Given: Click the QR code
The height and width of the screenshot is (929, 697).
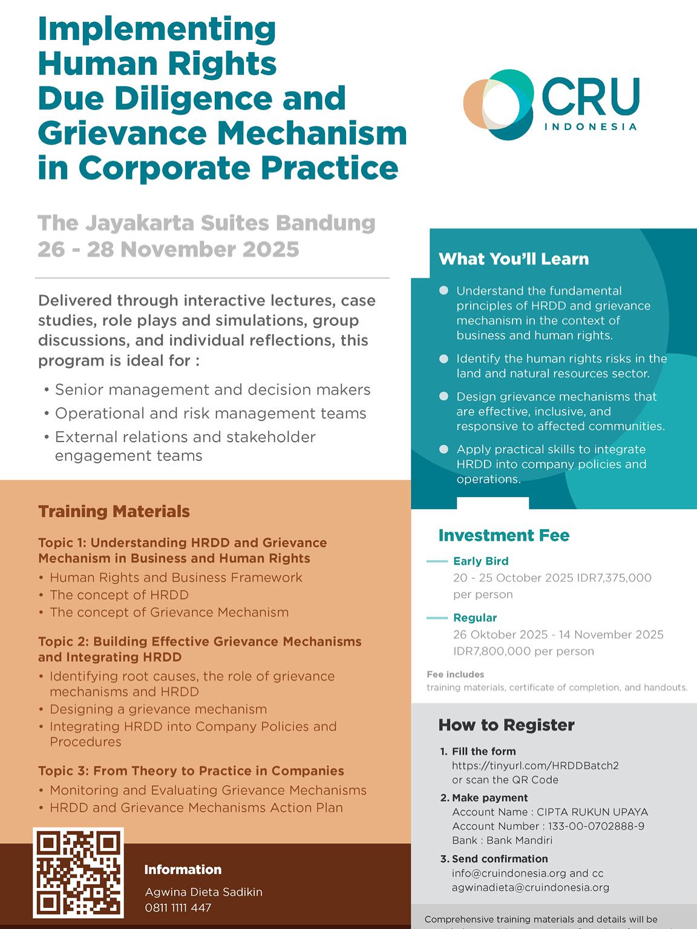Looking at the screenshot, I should tap(78, 873).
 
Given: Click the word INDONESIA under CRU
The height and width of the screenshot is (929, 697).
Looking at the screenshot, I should tap(591, 127).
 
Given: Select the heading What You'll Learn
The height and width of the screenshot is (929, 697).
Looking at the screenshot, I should tap(514, 259).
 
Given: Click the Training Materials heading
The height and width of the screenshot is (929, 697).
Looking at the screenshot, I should tap(114, 512).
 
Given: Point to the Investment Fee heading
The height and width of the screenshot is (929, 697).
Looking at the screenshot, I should tap(504, 535).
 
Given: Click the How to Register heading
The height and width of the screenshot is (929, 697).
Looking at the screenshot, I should tap(506, 725).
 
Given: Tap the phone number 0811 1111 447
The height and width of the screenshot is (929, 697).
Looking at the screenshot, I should tap(178, 907).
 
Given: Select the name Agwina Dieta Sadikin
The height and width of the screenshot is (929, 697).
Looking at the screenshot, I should tap(203, 892).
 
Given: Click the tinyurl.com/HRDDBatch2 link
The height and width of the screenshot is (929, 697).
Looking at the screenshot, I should tap(535, 765).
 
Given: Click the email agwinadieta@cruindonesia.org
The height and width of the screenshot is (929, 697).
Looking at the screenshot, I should tap(530, 887).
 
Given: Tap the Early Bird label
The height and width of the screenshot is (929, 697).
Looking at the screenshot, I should tap(480, 561).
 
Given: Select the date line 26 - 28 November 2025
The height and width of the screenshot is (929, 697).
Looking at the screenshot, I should tap(168, 249).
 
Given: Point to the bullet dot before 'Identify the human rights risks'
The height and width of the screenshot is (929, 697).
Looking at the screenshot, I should tap(443, 359).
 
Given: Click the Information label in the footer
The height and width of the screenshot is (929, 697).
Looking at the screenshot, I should tap(183, 870).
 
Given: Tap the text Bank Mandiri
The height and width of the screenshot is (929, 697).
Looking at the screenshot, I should tap(519, 840).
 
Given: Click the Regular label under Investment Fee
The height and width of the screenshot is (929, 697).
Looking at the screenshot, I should tap(474, 618).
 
